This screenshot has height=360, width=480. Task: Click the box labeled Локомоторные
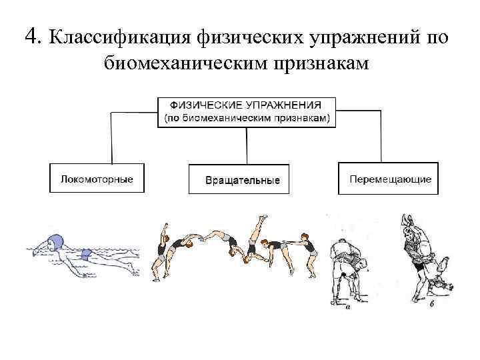[97, 179]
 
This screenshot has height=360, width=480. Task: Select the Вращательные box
[239, 180]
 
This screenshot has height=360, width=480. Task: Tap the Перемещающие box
[389, 179]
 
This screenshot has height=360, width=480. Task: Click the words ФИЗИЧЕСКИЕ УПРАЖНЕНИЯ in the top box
[246, 106]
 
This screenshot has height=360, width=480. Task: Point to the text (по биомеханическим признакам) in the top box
[246, 117]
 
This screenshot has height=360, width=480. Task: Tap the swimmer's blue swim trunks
[87, 255]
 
